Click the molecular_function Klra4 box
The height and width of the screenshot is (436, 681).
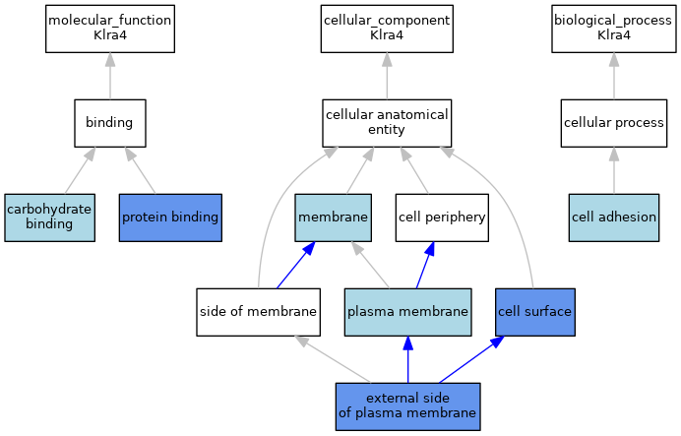(x=110, y=30)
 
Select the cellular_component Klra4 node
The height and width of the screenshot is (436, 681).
(x=387, y=30)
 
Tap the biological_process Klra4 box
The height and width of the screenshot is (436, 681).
(x=614, y=30)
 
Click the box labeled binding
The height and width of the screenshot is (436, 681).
(x=110, y=123)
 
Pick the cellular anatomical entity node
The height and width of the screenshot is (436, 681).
(x=387, y=123)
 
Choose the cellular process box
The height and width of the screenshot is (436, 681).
(x=614, y=123)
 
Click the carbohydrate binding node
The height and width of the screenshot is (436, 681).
(x=49, y=218)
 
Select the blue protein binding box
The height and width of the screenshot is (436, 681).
(x=170, y=218)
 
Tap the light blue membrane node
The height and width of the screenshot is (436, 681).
(x=333, y=218)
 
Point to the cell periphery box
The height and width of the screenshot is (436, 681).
(x=442, y=218)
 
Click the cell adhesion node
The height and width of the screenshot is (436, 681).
(x=614, y=218)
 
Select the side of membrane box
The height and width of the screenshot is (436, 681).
(x=259, y=312)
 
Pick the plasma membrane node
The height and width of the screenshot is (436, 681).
(x=407, y=312)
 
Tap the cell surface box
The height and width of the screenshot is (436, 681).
(x=535, y=312)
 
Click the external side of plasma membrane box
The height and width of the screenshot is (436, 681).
(x=407, y=406)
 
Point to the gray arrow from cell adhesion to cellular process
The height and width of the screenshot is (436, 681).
(x=614, y=170)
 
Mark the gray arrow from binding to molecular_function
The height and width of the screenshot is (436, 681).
(x=110, y=76)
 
